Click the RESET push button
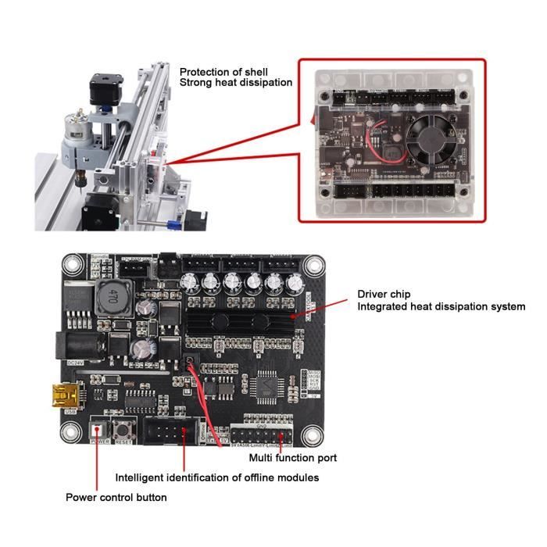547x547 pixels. pos(122,429)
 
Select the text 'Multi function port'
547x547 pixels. pos(292,458)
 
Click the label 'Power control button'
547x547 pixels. pos(116,497)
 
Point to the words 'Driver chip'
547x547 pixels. pos(384,294)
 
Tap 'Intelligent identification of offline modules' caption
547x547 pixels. pos(216,477)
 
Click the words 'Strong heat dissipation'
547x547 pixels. pos(236,83)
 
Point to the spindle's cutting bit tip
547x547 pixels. pos(79,185)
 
